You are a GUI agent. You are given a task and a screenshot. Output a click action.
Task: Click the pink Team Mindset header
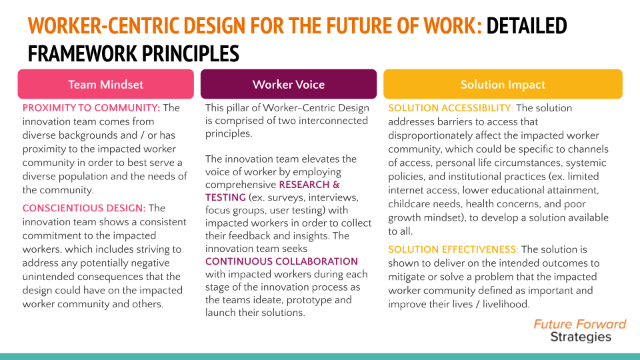pos(105,85)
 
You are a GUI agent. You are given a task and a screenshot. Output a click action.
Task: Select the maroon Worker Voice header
pos(289,85)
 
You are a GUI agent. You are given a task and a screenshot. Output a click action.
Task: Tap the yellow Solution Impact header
pos(503,85)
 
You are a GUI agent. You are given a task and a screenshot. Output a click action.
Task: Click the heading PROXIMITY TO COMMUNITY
pos(91,108)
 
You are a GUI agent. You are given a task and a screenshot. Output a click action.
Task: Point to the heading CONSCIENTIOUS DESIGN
pos(83,209)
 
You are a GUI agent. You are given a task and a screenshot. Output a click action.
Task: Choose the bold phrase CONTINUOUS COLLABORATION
pos(281,261)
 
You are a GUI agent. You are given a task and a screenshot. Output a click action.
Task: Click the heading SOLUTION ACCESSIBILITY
pos(451,108)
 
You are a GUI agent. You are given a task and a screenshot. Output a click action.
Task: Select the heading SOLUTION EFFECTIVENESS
pos(453,249)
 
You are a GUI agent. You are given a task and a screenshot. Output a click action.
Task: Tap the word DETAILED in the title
pos(527,27)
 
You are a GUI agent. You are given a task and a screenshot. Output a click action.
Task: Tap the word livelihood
pos(505,304)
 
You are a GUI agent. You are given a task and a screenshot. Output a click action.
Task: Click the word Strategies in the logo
pos(581,337)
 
